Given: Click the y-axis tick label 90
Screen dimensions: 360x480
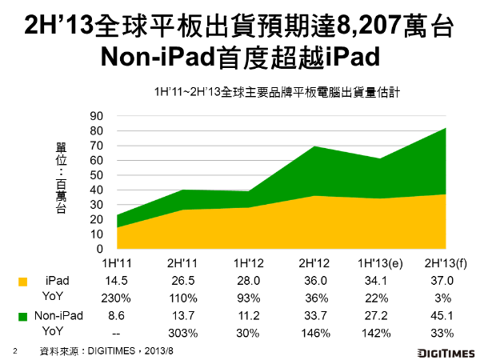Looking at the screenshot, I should pyautogui.click(x=96, y=116).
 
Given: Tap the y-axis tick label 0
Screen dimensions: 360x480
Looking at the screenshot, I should pyautogui.click(x=99, y=249).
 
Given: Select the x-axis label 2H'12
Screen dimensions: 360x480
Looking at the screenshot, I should pyautogui.click(x=313, y=263).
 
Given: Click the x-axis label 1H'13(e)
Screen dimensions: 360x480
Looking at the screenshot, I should pyautogui.click(x=378, y=263).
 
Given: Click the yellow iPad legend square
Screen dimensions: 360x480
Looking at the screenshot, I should pyautogui.click(x=22, y=281).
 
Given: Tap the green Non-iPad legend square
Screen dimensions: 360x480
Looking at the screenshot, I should pyautogui.click(x=22, y=317).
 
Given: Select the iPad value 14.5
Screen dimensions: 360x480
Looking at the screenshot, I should pyautogui.click(x=117, y=281).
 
